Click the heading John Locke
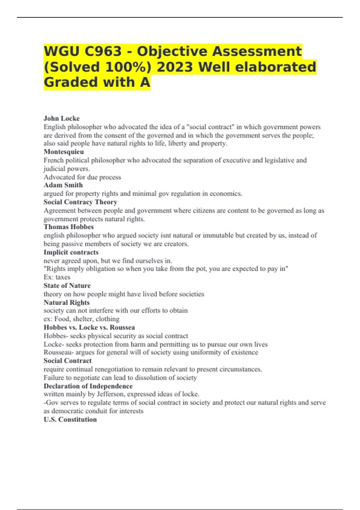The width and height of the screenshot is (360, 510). click(x=61, y=118)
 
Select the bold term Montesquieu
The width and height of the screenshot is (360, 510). click(x=64, y=152)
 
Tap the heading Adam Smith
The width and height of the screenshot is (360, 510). click(x=63, y=185)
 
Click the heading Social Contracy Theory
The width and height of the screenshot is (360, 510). click(x=80, y=202)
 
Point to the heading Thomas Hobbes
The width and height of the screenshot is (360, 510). click(x=68, y=227)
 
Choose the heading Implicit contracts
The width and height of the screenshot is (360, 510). click(x=71, y=252)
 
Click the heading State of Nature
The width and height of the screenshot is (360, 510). click(x=67, y=286)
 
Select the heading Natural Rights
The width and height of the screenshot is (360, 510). click(x=66, y=302)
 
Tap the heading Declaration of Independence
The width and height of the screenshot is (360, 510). click(x=88, y=386)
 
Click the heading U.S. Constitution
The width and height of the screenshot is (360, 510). click(x=70, y=419)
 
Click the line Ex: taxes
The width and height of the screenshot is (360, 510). click(x=57, y=277)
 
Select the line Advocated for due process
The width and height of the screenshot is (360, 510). click(x=82, y=177)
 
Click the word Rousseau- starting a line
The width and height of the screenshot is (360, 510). click(x=58, y=352)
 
